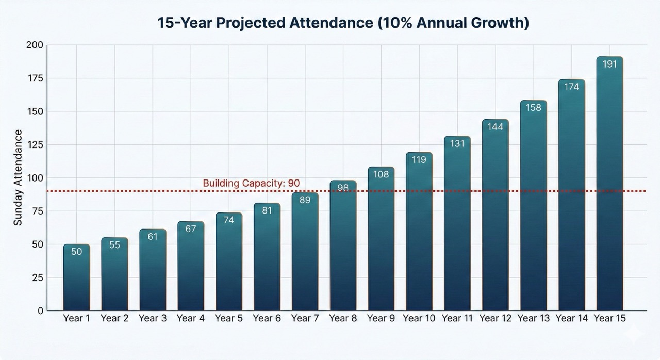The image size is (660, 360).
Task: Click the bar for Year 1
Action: click(77, 279)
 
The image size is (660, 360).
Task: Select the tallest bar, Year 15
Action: click(609, 186)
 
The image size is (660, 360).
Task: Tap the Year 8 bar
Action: click(343, 248)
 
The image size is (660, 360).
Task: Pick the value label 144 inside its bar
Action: click(495, 127)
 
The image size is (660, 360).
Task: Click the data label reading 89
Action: click(305, 200)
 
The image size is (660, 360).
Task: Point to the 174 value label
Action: click(571, 87)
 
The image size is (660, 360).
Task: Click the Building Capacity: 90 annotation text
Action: click(251, 183)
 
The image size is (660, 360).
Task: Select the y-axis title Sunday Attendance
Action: click(18, 177)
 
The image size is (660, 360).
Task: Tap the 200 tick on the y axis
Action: click(35, 45)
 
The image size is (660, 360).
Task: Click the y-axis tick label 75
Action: click(37, 211)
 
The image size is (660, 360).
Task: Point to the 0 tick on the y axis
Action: click(40, 310)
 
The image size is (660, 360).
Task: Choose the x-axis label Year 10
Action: click(419, 318)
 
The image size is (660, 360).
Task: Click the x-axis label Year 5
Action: click(229, 318)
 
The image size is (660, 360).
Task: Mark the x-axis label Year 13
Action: click(534, 318)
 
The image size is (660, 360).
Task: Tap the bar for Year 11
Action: click(457, 227)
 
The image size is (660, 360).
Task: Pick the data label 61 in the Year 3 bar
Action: click(153, 236)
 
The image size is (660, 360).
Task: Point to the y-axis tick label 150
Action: click(35, 111)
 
